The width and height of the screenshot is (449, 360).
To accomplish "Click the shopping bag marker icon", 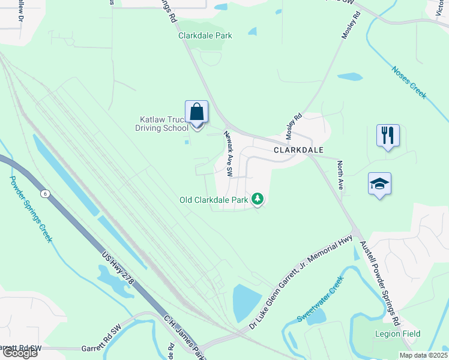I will point(196,112).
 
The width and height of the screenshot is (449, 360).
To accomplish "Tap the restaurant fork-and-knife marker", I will point(388,136).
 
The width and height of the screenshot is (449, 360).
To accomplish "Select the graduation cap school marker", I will point(379,184).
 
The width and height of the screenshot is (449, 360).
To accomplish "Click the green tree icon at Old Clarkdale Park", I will point(258,199).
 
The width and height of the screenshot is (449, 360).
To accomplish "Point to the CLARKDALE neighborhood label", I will point(299,150).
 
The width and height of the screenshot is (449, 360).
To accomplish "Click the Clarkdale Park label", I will point(205,35).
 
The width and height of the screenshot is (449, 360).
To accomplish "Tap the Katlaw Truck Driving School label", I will point(161,124).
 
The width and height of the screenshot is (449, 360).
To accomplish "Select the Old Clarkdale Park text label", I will point(214,200).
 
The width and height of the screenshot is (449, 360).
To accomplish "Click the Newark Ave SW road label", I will point(229,154).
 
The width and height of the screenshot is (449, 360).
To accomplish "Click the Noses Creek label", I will point(409,82).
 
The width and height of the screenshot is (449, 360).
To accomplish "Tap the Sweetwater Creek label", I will point(321,298).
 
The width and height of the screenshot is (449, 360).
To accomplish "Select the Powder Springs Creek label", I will point(31,208).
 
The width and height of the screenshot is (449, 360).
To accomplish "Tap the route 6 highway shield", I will point(44,193).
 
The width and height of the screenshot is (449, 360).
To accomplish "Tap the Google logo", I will point(19,353).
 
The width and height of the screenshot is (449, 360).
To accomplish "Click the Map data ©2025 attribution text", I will point(423,355).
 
